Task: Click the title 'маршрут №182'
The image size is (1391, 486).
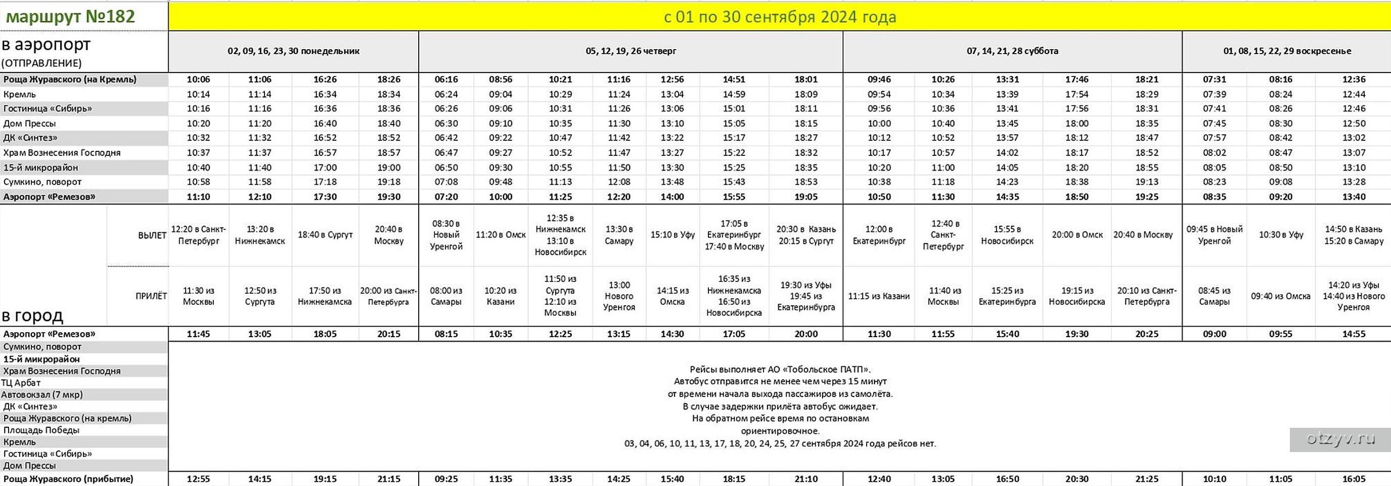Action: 70,16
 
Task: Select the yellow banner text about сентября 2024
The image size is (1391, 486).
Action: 779,17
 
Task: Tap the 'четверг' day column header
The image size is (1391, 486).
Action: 630,51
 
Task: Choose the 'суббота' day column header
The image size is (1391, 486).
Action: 1012,51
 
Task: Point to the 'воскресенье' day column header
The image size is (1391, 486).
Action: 1287,51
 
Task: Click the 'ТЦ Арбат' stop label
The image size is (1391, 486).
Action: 21,383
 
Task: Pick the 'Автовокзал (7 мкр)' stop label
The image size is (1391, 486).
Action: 42,395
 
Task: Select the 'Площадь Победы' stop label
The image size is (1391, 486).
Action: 41,430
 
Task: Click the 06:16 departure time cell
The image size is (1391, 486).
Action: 446,79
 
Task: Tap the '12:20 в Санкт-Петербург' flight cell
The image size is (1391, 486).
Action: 198,234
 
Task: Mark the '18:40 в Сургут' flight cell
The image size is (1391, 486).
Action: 325,234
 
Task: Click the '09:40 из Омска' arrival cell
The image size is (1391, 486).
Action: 1280,296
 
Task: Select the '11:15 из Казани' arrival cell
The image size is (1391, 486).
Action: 879,296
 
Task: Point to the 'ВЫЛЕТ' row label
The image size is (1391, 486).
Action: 152,235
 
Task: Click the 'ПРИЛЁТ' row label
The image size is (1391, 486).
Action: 151,296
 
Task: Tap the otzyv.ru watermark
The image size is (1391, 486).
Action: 1340,439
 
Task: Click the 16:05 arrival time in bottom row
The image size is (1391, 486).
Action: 1353,479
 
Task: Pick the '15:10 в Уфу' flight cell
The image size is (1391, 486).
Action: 672,234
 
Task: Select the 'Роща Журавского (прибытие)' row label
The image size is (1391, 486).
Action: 68,479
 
